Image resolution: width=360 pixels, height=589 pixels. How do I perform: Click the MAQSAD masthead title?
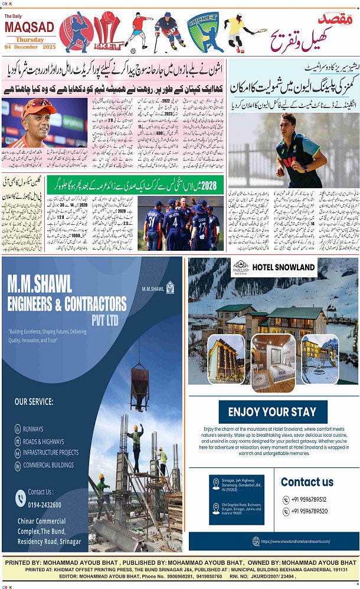pyautogui.click(x=30, y=27)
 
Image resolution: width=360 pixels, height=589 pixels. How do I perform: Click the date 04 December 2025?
pyautogui.click(x=29, y=47)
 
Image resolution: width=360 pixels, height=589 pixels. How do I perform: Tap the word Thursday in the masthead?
pyautogui.click(x=30, y=40)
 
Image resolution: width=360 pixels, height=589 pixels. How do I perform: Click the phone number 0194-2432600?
pyautogui.click(x=45, y=505)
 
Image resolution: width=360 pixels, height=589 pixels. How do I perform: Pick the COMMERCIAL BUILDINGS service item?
pyautogui.click(x=48, y=465)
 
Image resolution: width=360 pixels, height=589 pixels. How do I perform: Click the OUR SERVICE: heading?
pyautogui.click(x=34, y=402)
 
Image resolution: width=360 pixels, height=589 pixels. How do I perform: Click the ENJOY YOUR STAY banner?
pyautogui.click(x=272, y=411)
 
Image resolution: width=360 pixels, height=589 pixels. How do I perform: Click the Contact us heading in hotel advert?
pyautogui.click(x=307, y=482)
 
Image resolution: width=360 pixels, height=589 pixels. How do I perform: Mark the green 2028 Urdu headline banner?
pyautogui.click(x=135, y=184)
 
